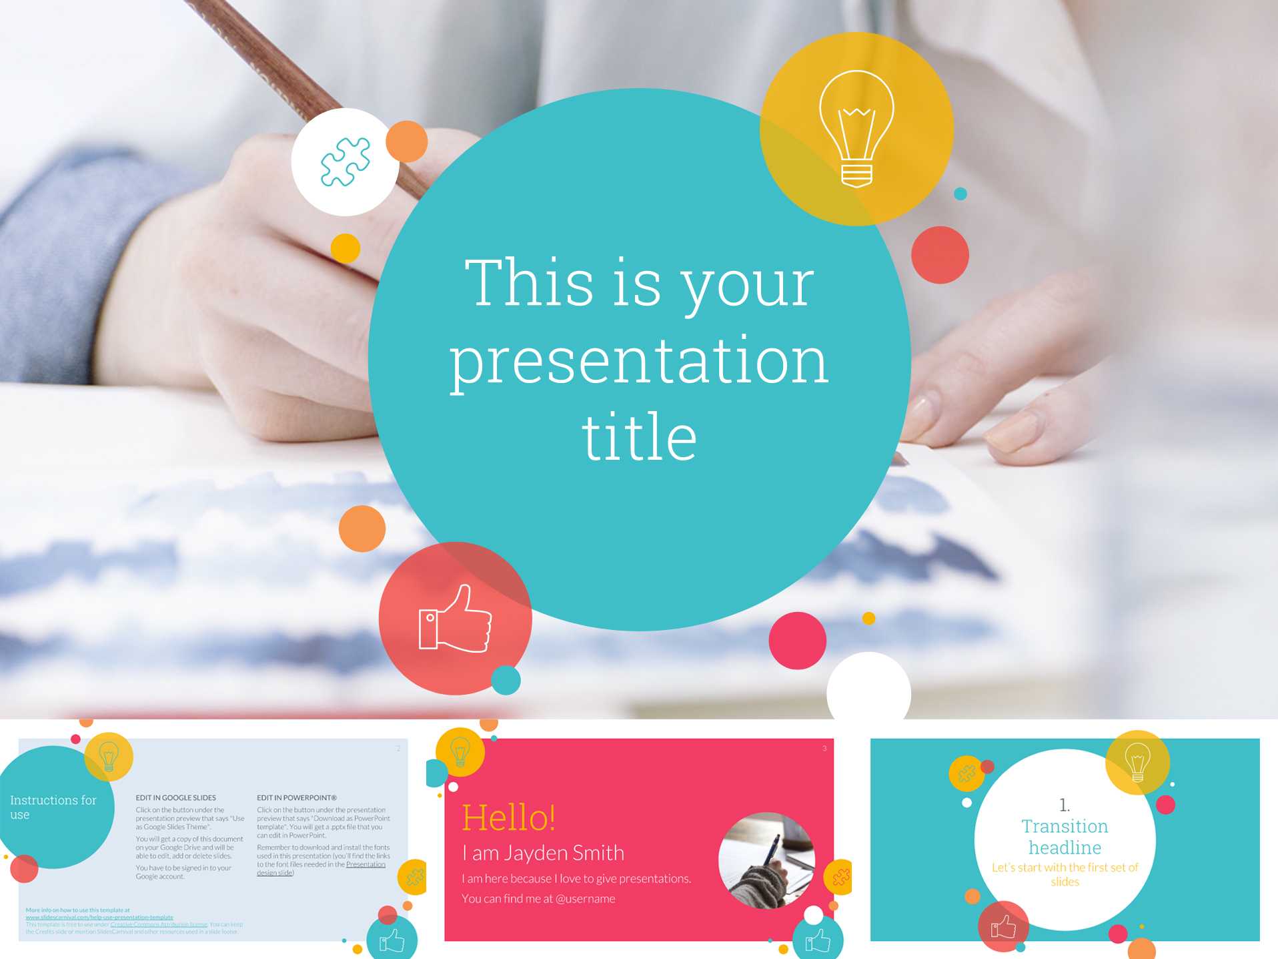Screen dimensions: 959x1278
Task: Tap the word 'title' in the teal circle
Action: (639, 438)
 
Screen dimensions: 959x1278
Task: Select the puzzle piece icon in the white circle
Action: (345, 162)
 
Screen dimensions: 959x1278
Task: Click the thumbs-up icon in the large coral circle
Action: (455, 619)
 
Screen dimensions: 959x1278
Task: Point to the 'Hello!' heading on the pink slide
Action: (508, 818)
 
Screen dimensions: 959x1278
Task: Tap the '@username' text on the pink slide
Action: (585, 899)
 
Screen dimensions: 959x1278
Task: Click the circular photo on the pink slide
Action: (766, 860)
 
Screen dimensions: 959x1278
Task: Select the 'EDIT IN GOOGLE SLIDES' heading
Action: (175, 797)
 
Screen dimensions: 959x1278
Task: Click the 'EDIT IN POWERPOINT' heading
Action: (296, 797)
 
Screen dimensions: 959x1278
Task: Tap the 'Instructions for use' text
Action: (53, 807)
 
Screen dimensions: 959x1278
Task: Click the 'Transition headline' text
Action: (1065, 837)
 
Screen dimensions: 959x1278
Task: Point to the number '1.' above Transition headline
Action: (1065, 805)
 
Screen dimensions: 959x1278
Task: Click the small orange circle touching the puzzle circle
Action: (406, 141)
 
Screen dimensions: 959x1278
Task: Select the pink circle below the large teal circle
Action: (797, 641)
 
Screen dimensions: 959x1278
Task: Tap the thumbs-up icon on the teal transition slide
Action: (1003, 926)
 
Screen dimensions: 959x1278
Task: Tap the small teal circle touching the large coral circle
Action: (506, 680)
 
